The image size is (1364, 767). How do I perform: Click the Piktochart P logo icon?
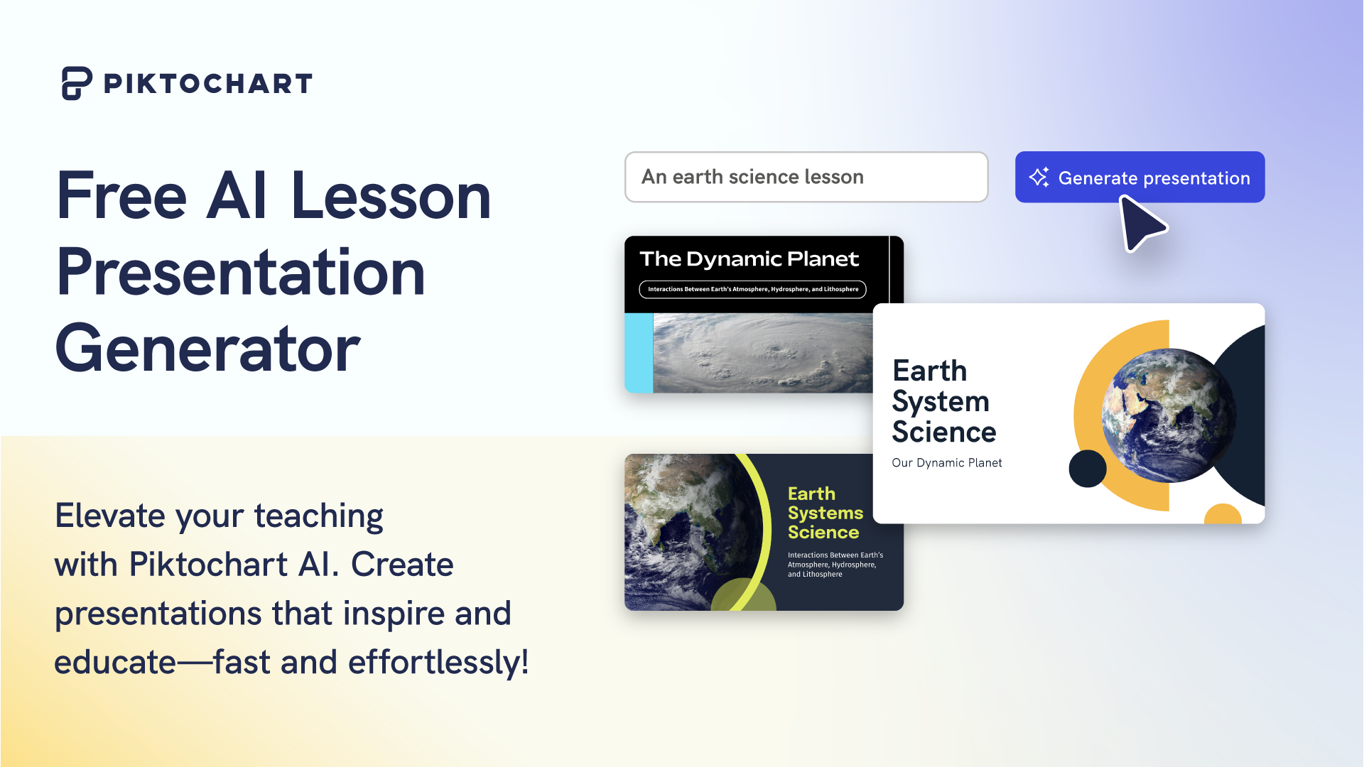click(x=77, y=83)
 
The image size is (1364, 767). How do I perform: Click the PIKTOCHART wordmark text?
click(x=207, y=84)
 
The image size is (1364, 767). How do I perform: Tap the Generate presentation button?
click(x=1140, y=177)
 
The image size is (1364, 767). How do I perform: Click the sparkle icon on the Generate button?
click(x=1039, y=177)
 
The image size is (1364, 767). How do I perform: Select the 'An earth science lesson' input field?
click(x=806, y=177)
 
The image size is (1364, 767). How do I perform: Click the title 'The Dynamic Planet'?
click(x=749, y=259)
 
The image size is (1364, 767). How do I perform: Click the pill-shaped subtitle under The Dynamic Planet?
click(x=752, y=289)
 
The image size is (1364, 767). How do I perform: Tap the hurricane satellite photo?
click(x=762, y=353)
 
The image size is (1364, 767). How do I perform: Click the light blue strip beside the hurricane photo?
click(x=638, y=353)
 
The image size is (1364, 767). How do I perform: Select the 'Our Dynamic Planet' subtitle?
click(x=946, y=463)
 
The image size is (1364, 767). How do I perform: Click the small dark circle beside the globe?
click(x=1087, y=469)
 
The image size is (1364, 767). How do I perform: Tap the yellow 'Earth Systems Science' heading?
click(x=825, y=513)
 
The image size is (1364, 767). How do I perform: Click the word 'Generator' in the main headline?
click(x=208, y=349)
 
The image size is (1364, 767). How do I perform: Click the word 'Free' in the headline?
click(x=121, y=196)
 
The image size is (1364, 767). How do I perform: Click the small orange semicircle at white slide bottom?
click(x=1223, y=516)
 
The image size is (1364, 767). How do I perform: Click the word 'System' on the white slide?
click(x=940, y=402)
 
